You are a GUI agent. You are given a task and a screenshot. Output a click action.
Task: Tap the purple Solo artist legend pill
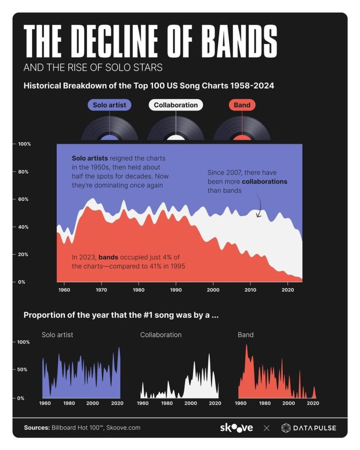109,105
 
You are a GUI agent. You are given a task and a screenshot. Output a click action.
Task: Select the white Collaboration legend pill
176,105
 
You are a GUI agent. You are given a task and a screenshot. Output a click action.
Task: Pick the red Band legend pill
242,105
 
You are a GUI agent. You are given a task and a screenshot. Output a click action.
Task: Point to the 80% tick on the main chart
22,172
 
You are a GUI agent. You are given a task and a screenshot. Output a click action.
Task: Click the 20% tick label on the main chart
22,254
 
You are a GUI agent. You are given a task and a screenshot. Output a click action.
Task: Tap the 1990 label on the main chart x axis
176,290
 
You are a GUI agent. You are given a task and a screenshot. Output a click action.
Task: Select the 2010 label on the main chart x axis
251,290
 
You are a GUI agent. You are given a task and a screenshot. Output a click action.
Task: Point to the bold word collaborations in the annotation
264,182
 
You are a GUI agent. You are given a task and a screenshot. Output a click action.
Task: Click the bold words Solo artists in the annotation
90,158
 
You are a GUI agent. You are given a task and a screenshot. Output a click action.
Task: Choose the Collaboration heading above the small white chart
161,335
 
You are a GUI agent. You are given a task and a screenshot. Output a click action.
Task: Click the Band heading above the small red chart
245,335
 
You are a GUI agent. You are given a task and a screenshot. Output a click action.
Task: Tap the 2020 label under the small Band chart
313,403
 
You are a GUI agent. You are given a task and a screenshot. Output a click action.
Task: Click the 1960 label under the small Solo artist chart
45,403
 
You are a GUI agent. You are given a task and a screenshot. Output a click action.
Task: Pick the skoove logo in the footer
236,428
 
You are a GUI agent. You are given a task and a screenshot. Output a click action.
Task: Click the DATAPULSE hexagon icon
286,428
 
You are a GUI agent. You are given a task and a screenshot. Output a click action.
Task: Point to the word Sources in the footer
36,428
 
